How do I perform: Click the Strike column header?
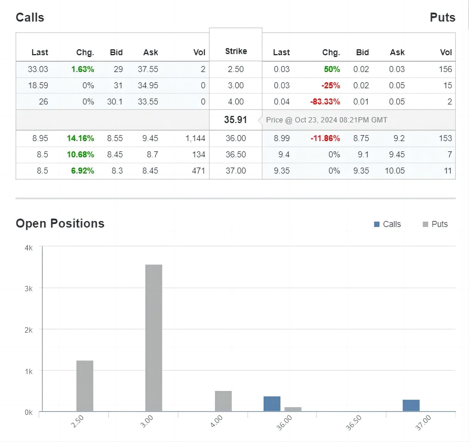coord(236,51)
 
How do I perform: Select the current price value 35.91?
coord(235,120)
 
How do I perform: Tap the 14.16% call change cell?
coord(80,138)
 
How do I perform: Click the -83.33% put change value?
coord(325,102)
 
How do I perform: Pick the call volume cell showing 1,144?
coord(195,138)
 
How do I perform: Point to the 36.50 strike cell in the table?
coord(236,155)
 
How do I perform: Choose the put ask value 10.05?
coord(395,171)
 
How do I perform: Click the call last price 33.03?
coord(38,69)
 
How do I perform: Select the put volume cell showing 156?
coord(445,69)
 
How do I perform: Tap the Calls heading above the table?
coord(30,17)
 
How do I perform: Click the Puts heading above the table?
coord(443,17)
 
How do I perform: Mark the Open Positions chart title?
coord(60,223)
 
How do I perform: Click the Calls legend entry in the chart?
coord(387,224)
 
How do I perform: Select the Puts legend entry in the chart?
coord(435,224)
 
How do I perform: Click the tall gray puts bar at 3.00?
coord(154,338)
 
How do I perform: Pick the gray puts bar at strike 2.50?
coord(85,386)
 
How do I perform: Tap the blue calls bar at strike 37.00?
coord(411,405)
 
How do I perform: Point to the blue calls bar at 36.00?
coord(272,404)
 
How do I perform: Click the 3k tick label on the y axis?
coord(29,289)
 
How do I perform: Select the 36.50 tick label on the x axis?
coord(354,423)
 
